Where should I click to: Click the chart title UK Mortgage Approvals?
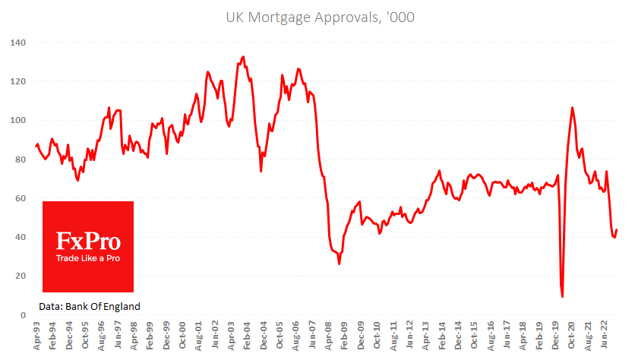[x=319, y=16]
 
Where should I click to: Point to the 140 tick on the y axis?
[x=17, y=43]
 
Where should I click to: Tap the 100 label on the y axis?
[x=17, y=120]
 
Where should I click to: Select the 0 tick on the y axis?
[x=23, y=314]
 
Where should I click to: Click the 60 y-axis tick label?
[x=20, y=198]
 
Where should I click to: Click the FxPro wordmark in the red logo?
[x=88, y=242]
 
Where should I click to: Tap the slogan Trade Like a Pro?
[x=88, y=258]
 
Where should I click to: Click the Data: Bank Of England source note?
[x=90, y=306]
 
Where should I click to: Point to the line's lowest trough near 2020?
[x=562, y=296]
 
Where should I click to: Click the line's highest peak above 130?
[x=243, y=56]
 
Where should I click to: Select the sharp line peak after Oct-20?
[x=572, y=108]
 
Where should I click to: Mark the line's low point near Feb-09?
[x=339, y=264]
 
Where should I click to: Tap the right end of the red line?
[x=617, y=229]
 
